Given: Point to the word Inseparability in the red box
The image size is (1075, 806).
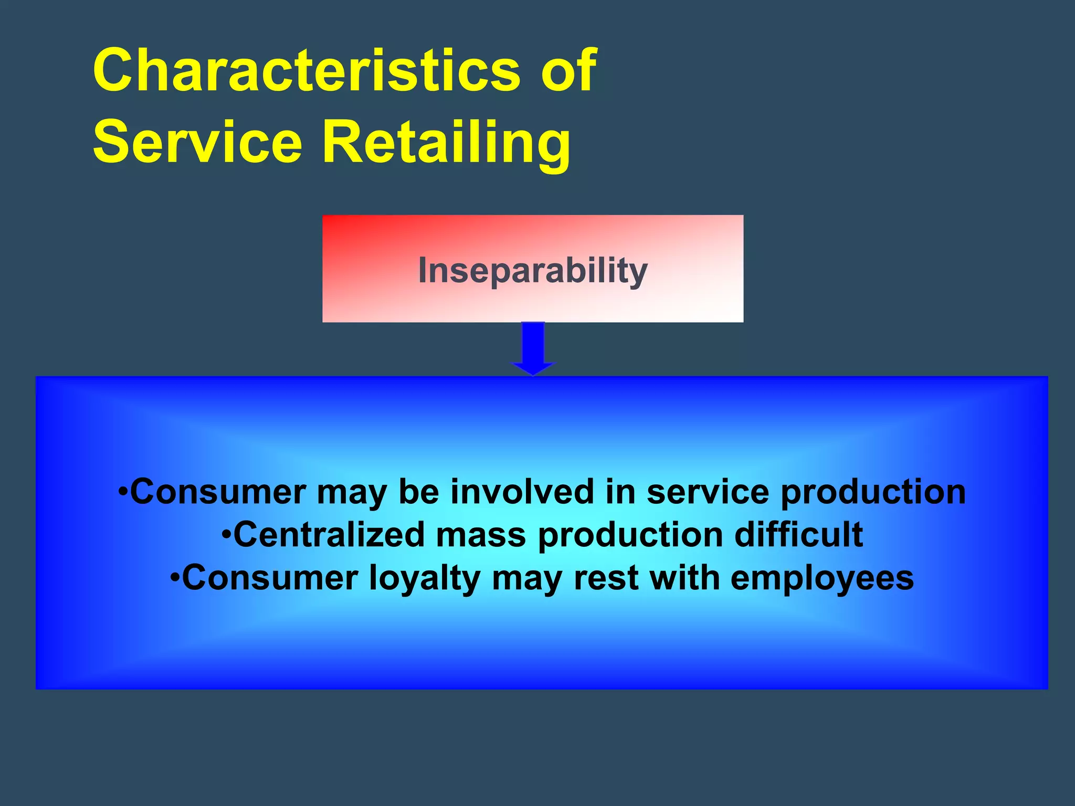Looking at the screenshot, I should tap(532, 271).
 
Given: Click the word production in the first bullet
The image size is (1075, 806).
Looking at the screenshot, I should tap(873, 493).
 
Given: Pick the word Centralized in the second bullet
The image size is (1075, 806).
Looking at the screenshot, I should tap(328, 535).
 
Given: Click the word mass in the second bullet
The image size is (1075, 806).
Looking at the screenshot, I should tap(480, 536).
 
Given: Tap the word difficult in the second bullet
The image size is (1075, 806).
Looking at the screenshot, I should tap(798, 535).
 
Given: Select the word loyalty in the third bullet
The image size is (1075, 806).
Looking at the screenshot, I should tap(425, 579).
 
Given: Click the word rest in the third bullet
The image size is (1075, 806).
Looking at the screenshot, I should tap(606, 578).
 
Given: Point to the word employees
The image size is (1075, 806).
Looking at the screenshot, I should tap(822, 579).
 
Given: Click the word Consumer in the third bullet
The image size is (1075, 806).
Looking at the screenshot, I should tap(270, 578).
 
